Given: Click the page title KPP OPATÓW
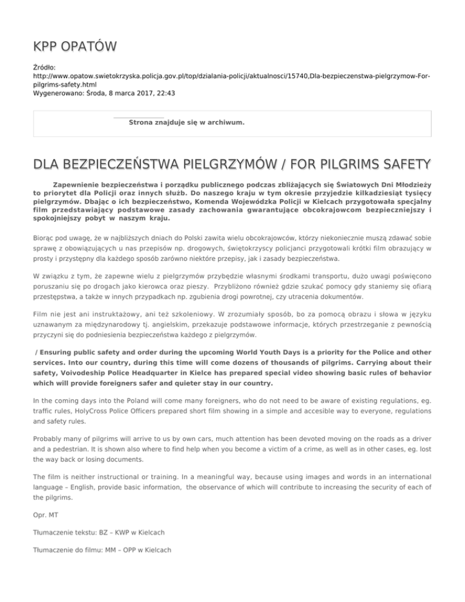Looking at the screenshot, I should [x=75, y=47].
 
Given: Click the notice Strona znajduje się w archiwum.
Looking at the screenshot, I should [x=187, y=122].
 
